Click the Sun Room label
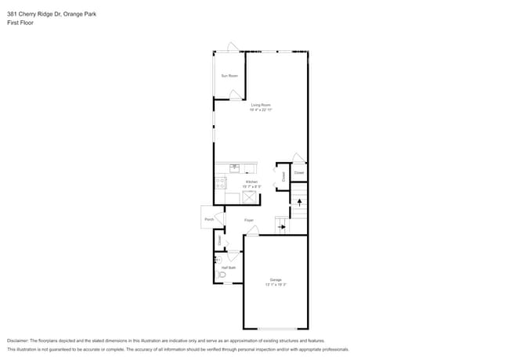point(229,76)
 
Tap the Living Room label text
point(260,104)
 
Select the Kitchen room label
point(251,182)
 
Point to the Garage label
point(276,279)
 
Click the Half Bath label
point(228,268)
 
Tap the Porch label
point(209,219)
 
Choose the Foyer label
point(248,220)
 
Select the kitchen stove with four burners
point(220,184)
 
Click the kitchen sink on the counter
point(234,167)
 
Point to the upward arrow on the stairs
point(299,202)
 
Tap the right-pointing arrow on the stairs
point(282,228)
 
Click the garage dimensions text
point(276,285)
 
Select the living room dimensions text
point(260,110)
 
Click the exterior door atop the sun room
point(233,49)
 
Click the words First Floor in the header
point(20,23)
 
